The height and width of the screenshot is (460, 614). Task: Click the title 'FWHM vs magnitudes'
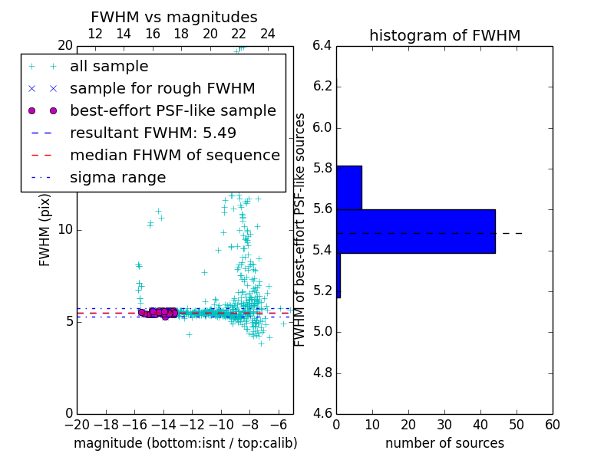(173, 18)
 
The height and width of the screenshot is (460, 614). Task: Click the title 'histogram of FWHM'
(444, 36)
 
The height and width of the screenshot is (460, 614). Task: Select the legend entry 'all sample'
(109, 67)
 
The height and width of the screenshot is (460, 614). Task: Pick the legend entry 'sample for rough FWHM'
(162, 89)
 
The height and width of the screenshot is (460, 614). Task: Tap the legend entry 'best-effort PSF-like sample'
(173, 111)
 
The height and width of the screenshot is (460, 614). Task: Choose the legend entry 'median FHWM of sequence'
(174, 156)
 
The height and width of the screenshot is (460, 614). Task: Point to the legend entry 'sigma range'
(117, 178)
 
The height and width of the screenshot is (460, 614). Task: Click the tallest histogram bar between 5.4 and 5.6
(415, 231)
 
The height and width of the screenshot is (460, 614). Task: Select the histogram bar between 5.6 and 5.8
(348, 188)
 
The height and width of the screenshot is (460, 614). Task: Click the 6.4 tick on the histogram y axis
(322, 45)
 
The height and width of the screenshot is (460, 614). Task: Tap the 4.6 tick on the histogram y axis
(322, 413)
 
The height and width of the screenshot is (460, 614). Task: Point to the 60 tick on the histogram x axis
(552, 425)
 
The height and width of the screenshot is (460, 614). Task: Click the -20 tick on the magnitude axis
(77, 425)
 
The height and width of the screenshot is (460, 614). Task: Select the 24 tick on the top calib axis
(268, 34)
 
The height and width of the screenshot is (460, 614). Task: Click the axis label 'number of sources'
(444, 444)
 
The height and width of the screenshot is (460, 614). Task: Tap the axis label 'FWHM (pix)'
(45, 229)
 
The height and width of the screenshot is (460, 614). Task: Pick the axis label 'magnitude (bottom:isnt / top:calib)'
(185, 444)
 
